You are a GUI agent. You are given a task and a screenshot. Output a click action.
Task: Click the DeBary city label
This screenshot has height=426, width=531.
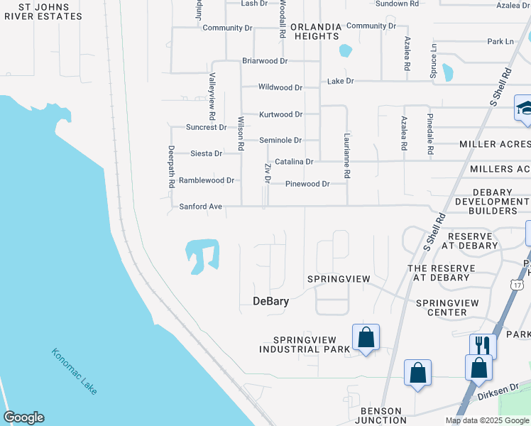tap(270, 301)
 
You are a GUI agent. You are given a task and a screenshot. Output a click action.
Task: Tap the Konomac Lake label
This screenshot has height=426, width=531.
tap(75, 371)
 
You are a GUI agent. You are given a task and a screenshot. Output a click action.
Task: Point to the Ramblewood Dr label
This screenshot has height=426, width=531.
tap(206, 180)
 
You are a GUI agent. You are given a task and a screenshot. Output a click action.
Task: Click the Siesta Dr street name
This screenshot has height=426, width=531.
tap(207, 153)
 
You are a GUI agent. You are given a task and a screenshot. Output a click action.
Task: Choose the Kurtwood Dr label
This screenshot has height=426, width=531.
tap(280, 114)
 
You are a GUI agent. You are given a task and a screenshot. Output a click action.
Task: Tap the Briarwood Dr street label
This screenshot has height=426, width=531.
tap(264, 61)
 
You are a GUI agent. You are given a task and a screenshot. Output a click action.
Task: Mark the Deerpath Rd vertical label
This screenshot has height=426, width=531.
tap(171, 167)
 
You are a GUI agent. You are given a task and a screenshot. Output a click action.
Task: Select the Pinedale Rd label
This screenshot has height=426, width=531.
tap(430, 134)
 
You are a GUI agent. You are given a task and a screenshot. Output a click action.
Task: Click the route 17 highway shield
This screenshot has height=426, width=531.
tap(516, 283)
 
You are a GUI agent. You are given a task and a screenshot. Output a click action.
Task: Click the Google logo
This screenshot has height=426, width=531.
tap(23, 417)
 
